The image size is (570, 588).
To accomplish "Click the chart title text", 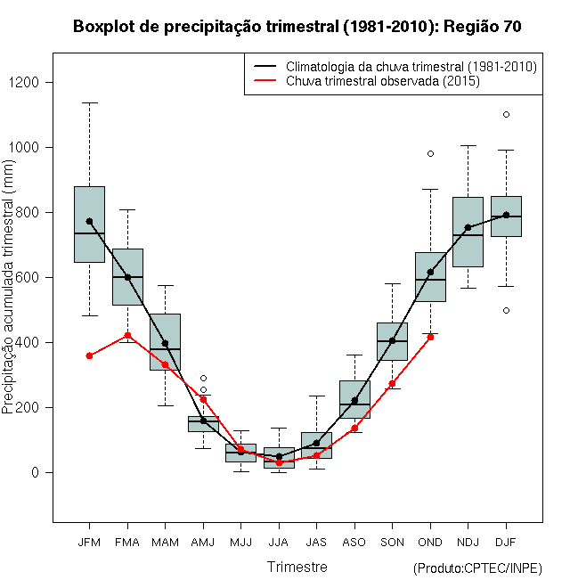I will [x=297, y=27].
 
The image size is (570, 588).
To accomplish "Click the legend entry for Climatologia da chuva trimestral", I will [x=411, y=67].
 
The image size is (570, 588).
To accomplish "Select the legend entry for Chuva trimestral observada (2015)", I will [x=383, y=81].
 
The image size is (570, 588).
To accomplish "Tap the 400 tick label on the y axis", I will [x=32, y=343].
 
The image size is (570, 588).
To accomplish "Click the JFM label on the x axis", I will [x=89, y=541].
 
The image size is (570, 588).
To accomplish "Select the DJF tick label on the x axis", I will [x=506, y=541].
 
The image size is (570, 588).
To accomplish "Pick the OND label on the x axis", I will [x=430, y=541].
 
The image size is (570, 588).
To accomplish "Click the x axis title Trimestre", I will [x=297, y=567].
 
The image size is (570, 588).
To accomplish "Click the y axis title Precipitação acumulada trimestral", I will [x=9, y=294].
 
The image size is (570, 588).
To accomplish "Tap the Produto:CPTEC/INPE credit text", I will [x=477, y=568].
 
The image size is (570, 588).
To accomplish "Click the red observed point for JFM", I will [x=89, y=355].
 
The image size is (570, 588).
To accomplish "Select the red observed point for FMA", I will [x=127, y=335].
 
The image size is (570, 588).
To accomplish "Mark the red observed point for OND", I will [x=430, y=337].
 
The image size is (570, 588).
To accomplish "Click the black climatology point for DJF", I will [x=506, y=215].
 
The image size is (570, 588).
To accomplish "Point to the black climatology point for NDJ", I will [x=468, y=227].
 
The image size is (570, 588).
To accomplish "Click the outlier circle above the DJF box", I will [x=506, y=114].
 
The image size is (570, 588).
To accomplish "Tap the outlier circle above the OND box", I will [x=430, y=153].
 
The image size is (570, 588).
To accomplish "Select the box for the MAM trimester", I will [x=165, y=341].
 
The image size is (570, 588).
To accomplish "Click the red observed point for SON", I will [x=392, y=383].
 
